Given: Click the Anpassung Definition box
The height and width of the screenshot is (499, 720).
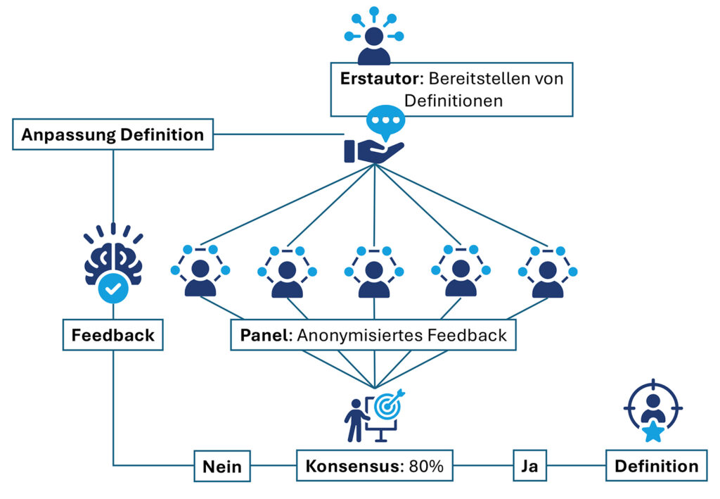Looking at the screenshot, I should (x=112, y=134).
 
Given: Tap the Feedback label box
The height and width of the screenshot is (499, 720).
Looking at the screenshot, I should (x=112, y=335).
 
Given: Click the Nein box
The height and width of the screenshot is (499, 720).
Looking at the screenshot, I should (x=222, y=466).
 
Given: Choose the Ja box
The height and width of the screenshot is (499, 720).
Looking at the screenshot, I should (x=529, y=466).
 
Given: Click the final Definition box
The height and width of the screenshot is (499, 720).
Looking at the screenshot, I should (x=656, y=466).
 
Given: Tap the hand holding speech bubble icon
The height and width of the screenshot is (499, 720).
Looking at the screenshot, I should (x=374, y=137).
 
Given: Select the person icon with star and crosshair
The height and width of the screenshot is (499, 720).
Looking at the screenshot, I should (x=653, y=415).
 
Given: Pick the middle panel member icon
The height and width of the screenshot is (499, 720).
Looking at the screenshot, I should (x=373, y=272).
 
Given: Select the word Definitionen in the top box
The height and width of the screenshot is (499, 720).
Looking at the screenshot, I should (x=448, y=101).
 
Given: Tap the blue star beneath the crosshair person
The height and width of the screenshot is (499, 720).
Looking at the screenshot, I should (x=653, y=431).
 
